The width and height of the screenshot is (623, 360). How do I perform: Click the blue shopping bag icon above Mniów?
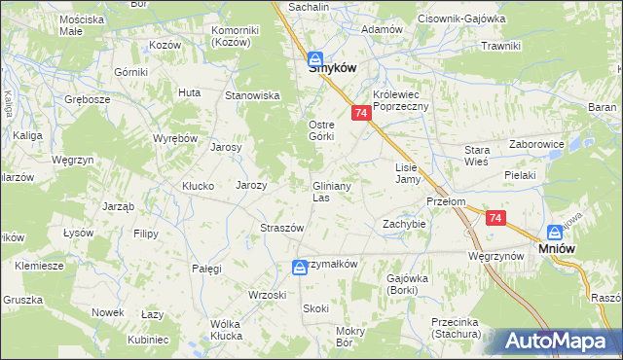555,233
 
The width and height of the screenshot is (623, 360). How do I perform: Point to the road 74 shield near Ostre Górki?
361,114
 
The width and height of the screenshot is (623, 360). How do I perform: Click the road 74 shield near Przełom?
496,220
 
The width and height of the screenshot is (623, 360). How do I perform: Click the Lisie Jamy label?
407,173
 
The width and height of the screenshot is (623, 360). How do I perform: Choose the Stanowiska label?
253,95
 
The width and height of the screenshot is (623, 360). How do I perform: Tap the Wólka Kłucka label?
226,330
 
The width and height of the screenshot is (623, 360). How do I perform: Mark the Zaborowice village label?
536,143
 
